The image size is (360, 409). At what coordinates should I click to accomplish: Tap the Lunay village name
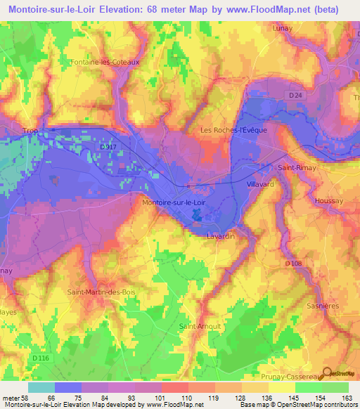283,28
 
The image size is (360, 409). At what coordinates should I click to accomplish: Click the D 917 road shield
107,146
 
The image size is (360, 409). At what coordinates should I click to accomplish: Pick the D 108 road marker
293,264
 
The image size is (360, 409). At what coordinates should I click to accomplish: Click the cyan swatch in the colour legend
41,387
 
